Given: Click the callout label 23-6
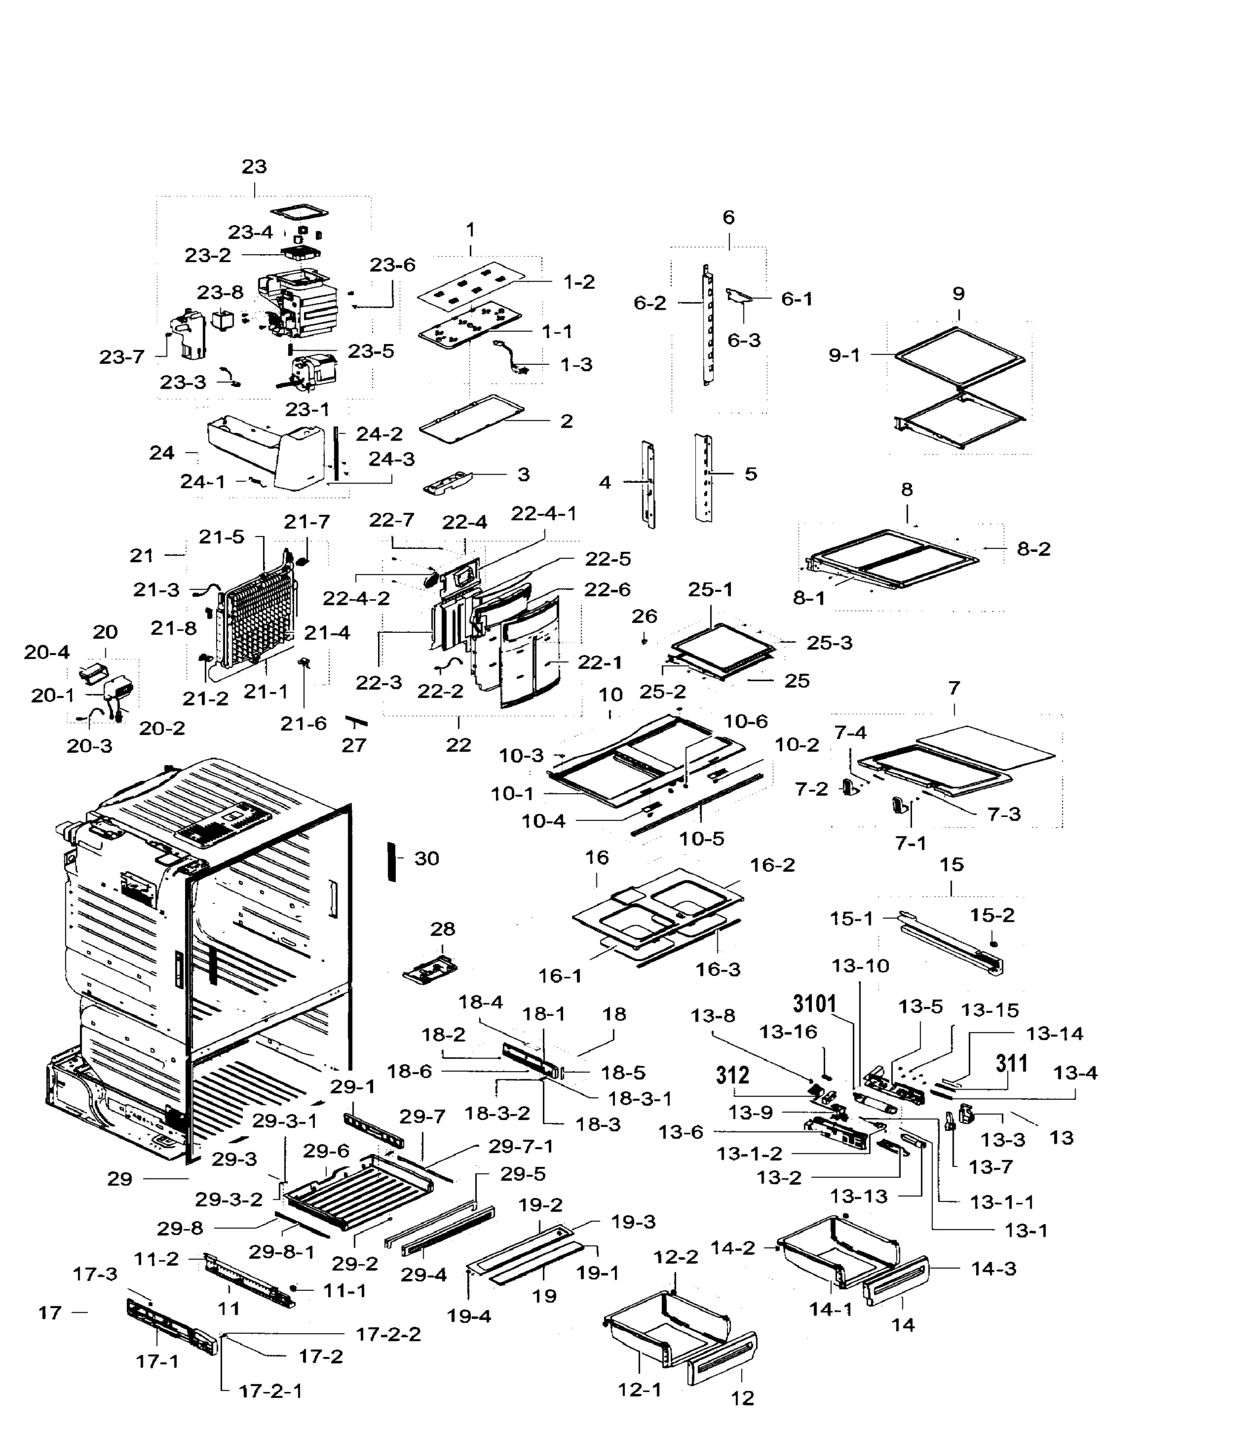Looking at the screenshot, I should click(392, 265).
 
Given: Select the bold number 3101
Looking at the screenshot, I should click(815, 1004).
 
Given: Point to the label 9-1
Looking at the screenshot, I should click(844, 355).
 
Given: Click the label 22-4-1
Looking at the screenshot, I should click(544, 513).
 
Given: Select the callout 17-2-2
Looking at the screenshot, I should click(388, 1334).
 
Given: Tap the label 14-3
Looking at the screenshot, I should click(993, 1268).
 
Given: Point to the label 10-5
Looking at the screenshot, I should click(702, 838).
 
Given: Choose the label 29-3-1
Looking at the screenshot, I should click(285, 1121).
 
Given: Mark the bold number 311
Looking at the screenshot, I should click(1011, 1063).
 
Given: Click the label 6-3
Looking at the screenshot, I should click(743, 341).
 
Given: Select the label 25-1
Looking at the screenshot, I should click(710, 589).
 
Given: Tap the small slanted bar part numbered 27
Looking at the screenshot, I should click(357, 721).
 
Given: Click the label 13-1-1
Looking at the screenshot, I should click(1002, 1202).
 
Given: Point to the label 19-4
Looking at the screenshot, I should click(469, 1316).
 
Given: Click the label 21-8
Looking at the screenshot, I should click(173, 628).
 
